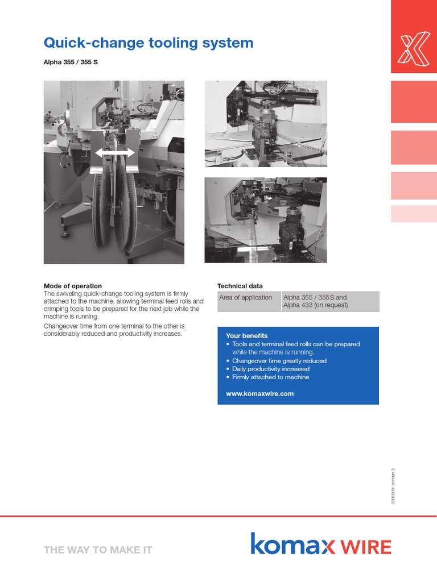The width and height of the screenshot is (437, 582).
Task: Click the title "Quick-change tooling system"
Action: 149,43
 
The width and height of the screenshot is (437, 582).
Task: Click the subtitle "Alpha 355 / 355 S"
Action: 71,61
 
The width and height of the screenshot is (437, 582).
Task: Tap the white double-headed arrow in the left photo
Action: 115,152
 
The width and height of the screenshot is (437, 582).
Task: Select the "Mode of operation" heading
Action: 73,286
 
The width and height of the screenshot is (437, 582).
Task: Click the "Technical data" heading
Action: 240,286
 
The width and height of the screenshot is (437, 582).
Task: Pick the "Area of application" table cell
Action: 246,297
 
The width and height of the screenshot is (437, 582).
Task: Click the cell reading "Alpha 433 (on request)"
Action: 315,305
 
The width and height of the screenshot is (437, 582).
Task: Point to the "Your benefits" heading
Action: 246,336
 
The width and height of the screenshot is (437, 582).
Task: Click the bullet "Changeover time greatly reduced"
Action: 279,361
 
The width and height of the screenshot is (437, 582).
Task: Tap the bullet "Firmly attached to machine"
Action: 271,377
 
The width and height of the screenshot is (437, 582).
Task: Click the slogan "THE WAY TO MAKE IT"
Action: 98,550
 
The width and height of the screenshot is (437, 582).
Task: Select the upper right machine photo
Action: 266,123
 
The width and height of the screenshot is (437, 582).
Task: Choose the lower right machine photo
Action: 266,220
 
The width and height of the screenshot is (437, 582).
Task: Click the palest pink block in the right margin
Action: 414,214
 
